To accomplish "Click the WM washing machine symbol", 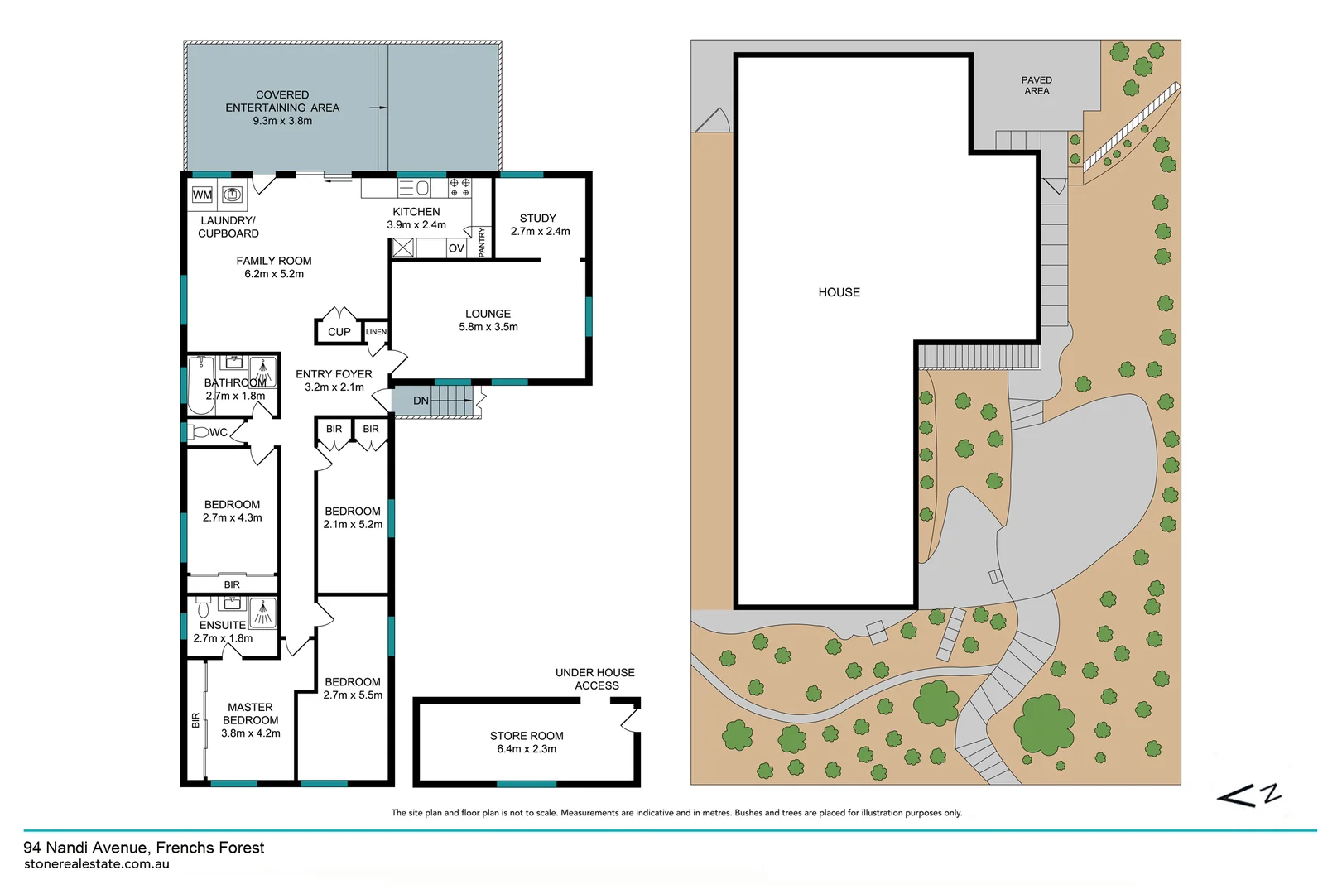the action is [x=203, y=195].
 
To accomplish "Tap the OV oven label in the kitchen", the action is [x=456, y=248].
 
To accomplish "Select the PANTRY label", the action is [x=483, y=242].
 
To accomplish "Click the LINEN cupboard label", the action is [x=376, y=331].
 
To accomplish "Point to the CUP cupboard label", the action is [x=339, y=332].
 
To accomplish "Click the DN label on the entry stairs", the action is [x=421, y=401].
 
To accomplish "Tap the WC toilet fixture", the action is [x=198, y=432].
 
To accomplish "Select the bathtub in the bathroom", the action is [x=201, y=385].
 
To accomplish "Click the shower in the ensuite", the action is [x=262, y=613].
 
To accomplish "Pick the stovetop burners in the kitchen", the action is [x=459, y=187].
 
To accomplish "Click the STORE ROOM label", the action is [x=527, y=736].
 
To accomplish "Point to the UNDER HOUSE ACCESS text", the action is [x=595, y=679].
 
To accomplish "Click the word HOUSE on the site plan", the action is [x=839, y=292].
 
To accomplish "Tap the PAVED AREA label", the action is [x=1037, y=86].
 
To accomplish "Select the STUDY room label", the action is [x=537, y=218].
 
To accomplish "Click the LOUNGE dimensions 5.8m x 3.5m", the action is [x=488, y=327].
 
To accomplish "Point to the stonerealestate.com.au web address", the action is [x=97, y=864].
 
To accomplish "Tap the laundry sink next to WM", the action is [x=233, y=195].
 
